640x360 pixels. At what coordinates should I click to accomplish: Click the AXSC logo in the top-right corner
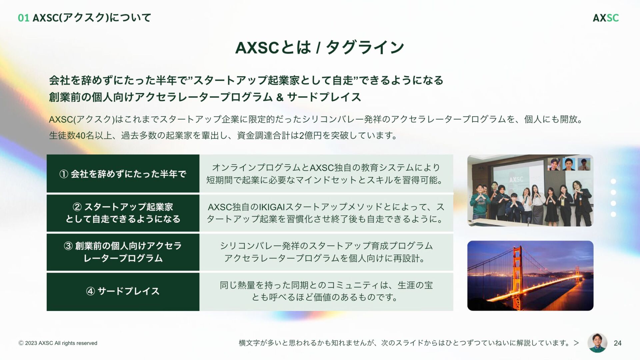pyautogui.click(x=605, y=18)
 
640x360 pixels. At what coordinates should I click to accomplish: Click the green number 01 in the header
pyautogui.click(x=23, y=18)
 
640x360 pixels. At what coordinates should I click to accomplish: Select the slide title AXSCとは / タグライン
pyautogui.click(x=319, y=47)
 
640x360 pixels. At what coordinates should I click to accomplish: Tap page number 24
pyautogui.click(x=617, y=343)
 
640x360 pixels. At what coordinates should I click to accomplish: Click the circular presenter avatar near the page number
pyautogui.click(x=597, y=343)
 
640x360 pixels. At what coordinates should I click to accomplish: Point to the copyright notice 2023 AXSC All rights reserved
pyautogui.click(x=58, y=343)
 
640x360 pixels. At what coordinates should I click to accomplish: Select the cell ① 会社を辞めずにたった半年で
pyautogui.click(x=123, y=174)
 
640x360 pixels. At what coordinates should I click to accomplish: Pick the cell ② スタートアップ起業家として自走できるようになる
pyautogui.click(x=123, y=213)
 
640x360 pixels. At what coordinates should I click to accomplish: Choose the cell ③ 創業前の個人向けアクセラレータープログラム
pyautogui.click(x=123, y=252)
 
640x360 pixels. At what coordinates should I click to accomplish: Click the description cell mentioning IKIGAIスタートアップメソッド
pyautogui.click(x=326, y=213)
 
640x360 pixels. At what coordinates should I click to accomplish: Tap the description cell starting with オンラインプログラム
pyautogui.click(x=326, y=174)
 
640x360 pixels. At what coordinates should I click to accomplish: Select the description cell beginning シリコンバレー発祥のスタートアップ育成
pyautogui.click(x=326, y=252)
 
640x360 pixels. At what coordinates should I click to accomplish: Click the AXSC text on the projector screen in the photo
pyautogui.click(x=516, y=179)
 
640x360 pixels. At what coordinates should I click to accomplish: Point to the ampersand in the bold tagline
pyautogui.click(x=280, y=97)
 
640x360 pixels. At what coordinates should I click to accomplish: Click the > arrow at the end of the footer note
pyautogui.click(x=576, y=343)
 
